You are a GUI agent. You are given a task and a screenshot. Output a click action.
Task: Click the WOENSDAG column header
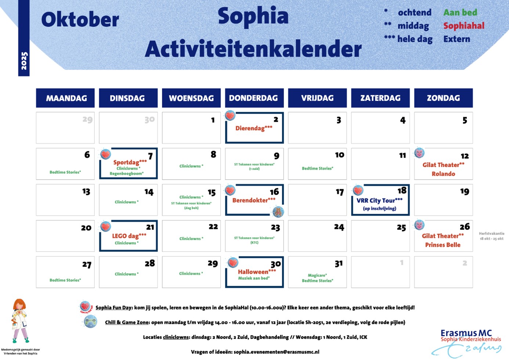(191, 98)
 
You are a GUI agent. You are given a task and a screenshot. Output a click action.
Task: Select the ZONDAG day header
(443, 98)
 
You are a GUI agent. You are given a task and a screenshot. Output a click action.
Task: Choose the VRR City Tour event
(379, 201)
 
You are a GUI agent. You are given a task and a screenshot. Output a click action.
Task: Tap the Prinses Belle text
(443, 245)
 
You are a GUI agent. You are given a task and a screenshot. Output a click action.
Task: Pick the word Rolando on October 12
(443, 174)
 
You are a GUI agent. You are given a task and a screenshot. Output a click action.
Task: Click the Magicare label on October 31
(317, 275)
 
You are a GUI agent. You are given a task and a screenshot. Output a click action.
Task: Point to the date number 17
(340, 192)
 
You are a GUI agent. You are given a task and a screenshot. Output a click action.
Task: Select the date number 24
(339, 227)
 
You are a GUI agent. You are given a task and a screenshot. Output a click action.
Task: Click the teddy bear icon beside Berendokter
(278, 212)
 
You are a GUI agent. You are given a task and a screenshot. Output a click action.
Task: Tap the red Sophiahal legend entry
(463, 26)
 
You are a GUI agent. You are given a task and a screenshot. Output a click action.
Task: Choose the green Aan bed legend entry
(460, 12)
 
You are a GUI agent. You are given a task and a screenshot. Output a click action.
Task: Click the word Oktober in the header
(80, 20)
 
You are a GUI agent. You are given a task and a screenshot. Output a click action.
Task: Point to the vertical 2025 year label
(24, 61)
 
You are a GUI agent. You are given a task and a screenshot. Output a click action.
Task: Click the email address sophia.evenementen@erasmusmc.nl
(276, 352)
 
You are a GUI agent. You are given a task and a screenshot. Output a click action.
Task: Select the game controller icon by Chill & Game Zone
(90, 322)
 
